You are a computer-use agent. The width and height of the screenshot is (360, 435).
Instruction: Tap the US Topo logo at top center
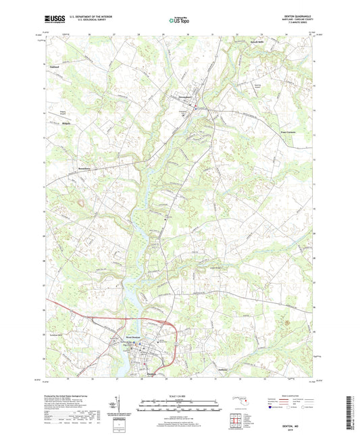(x=179, y=21)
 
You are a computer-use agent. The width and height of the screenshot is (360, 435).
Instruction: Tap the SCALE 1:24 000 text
(x=180, y=394)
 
